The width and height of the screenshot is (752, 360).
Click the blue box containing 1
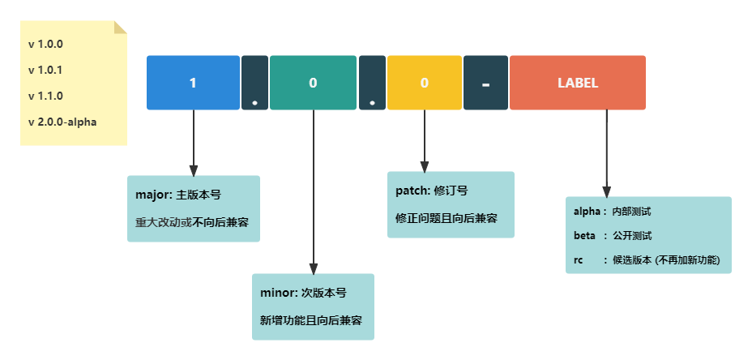pyautogui.click(x=193, y=83)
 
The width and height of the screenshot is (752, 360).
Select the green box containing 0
pyautogui.click(x=313, y=83)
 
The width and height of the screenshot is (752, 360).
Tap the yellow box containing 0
pyautogui.click(x=424, y=83)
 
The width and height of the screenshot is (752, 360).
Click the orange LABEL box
pyautogui.click(x=578, y=83)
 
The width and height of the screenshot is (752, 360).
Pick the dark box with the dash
pyautogui.click(x=485, y=83)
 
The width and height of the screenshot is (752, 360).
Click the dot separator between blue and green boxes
pyautogui.click(x=254, y=83)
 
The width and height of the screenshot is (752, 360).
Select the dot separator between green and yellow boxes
pyautogui.click(x=372, y=83)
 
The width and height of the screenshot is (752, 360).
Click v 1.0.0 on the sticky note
pyautogui.click(x=45, y=45)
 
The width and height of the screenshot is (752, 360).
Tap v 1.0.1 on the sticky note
pyautogui.click(x=45, y=71)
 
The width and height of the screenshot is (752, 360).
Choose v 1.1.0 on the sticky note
pyautogui.click(x=45, y=96)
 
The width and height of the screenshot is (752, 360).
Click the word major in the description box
pyautogui.click(x=152, y=195)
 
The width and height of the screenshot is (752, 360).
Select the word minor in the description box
pyautogui.click(x=277, y=293)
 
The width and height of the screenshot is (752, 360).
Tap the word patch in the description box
pyautogui.click(x=412, y=191)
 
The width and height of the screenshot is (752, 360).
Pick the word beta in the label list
pyautogui.click(x=584, y=236)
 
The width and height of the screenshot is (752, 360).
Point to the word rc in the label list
pyautogui.click(x=578, y=260)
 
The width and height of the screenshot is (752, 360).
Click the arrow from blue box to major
pyautogui.click(x=193, y=142)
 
